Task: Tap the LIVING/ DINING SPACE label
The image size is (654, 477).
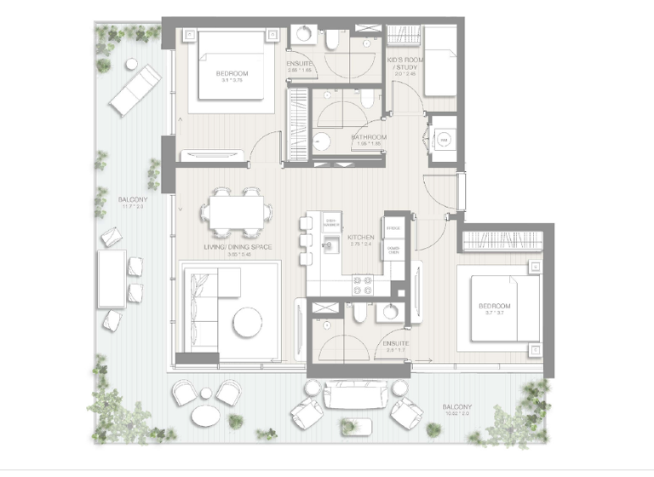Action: click(x=238, y=247)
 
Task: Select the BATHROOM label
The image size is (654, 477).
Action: click(x=369, y=137)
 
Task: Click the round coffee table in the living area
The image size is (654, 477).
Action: click(x=248, y=322)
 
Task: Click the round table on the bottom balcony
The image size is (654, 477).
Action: click(x=207, y=416)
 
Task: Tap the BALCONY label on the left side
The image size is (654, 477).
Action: click(x=134, y=201)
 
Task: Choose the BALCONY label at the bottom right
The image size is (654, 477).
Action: click(x=456, y=408)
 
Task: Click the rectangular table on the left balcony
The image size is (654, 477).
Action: click(x=111, y=279)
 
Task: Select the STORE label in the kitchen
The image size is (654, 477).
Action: click(x=393, y=228)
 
